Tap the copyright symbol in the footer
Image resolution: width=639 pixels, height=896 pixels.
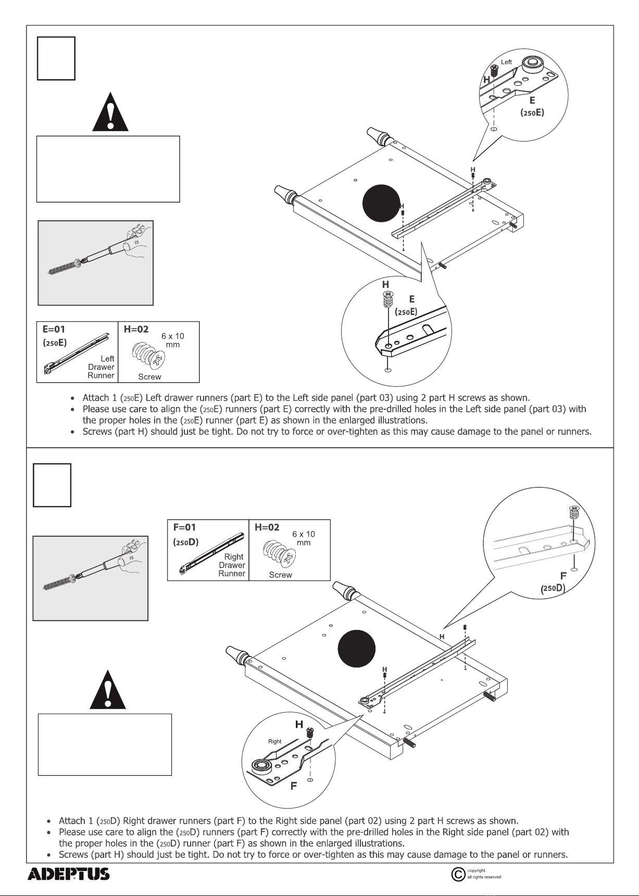pyautogui.click(x=458, y=874)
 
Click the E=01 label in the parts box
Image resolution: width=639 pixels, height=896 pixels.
pyautogui.click(x=54, y=330)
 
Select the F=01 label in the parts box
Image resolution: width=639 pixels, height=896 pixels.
pyautogui.click(x=184, y=527)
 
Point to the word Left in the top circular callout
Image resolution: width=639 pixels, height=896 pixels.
pyautogui.click(x=506, y=62)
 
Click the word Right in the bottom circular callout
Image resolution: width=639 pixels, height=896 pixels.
pyautogui.click(x=274, y=741)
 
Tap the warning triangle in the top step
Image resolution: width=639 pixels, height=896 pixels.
pyautogui.click(x=110, y=112)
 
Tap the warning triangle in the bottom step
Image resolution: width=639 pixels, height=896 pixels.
pyautogui.click(x=108, y=690)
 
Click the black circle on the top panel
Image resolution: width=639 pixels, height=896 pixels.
pyautogui.click(x=381, y=203)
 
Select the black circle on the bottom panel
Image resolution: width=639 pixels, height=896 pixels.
pyautogui.click(x=357, y=649)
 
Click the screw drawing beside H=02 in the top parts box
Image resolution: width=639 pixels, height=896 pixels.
pyautogui.click(x=149, y=356)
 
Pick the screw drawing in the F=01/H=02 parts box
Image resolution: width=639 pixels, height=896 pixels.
pyautogui.click(x=280, y=553)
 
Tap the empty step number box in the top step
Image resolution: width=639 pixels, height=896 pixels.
pyautogui.click(x=56, y=58)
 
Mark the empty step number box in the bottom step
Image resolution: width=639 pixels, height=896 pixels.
pyautogui.click(x=52, y=485)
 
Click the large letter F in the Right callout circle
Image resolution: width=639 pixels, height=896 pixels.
pyautogui.click(x=294, y=786)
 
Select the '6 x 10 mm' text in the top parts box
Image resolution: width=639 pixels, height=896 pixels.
pyautogui.click(x=173, y=340)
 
